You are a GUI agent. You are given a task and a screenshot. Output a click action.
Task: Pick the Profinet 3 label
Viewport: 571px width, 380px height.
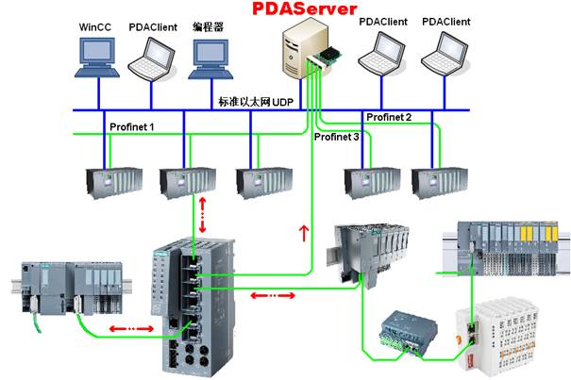click(336, 138)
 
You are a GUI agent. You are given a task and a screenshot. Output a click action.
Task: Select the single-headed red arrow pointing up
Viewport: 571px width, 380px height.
click(303, 232)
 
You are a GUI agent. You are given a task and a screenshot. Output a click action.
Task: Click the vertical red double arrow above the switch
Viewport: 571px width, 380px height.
click(204, 217)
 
